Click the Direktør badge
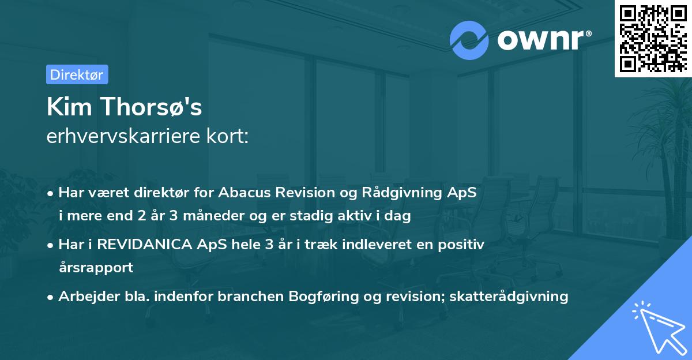tap(77, 74)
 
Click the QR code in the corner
tap(653, 38)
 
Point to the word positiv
tap(463, 245)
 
